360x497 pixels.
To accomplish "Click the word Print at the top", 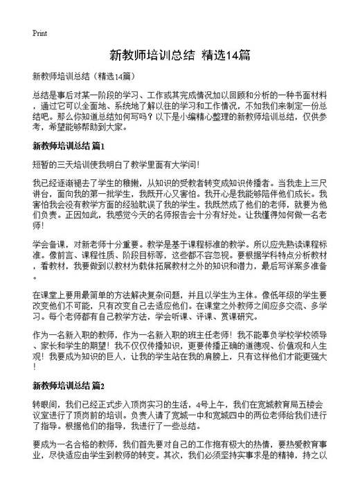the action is (39, 33).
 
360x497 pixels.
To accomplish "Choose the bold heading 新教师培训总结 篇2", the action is (68, 384).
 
